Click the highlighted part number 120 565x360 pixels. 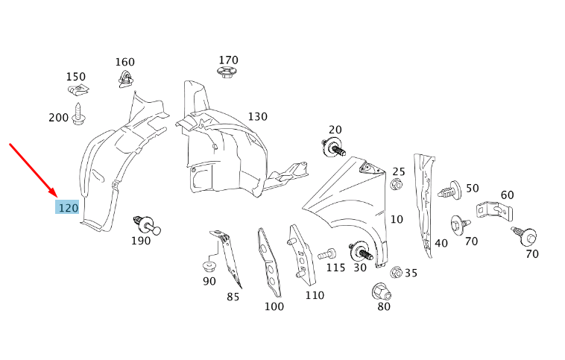[68, 207]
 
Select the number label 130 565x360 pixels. [257, 117]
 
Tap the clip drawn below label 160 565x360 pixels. [124, 78]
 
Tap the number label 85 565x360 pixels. [233, 297]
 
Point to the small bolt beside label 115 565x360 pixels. [325, 254]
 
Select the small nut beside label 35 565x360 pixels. [396, 273]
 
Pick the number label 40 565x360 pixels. [441, 243]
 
